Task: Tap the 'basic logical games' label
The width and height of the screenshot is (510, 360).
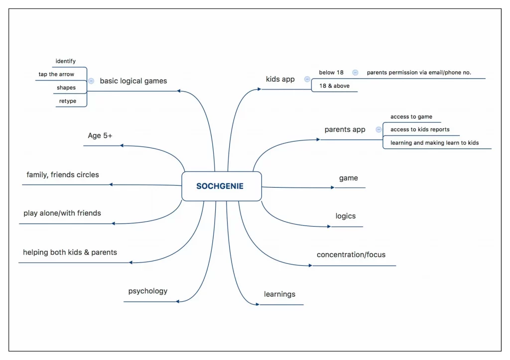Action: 133,81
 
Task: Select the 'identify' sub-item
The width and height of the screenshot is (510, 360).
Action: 66,61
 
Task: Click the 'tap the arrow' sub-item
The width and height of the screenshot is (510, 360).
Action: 56,74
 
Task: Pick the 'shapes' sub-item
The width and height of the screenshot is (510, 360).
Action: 66,88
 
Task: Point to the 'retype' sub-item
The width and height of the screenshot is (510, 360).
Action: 68,101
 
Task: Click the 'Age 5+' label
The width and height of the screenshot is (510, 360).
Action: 101,135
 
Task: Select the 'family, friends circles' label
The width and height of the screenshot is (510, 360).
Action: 63,175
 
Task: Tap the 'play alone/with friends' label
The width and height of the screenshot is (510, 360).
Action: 62,213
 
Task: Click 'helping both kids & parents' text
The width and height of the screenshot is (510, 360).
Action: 70,252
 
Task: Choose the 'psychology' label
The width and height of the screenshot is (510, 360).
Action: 148,291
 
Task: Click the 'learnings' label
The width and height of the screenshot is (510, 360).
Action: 279,294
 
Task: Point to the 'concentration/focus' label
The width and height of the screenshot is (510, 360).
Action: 351,255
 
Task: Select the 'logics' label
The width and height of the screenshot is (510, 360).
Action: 346,216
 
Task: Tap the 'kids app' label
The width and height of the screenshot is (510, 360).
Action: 280,79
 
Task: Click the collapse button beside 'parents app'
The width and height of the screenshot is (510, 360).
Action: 379,129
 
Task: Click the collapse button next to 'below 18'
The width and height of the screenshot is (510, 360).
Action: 355,72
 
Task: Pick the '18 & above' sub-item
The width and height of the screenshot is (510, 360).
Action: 335,86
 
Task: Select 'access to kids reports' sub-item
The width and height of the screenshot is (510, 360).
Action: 420,129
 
